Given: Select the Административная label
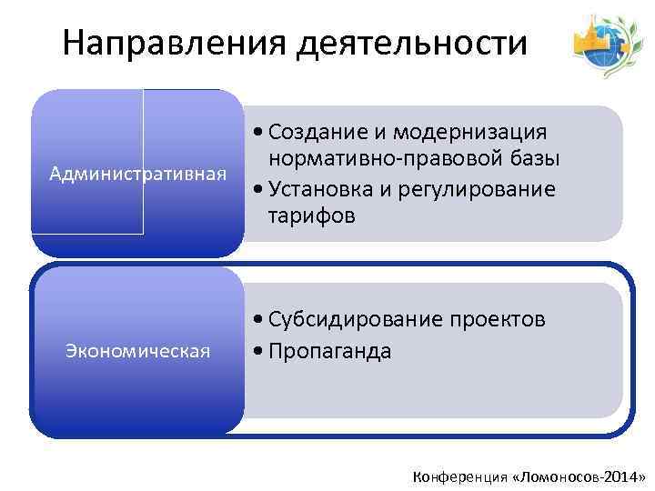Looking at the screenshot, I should [137, 173].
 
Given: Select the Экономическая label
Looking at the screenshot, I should [137, 350].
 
